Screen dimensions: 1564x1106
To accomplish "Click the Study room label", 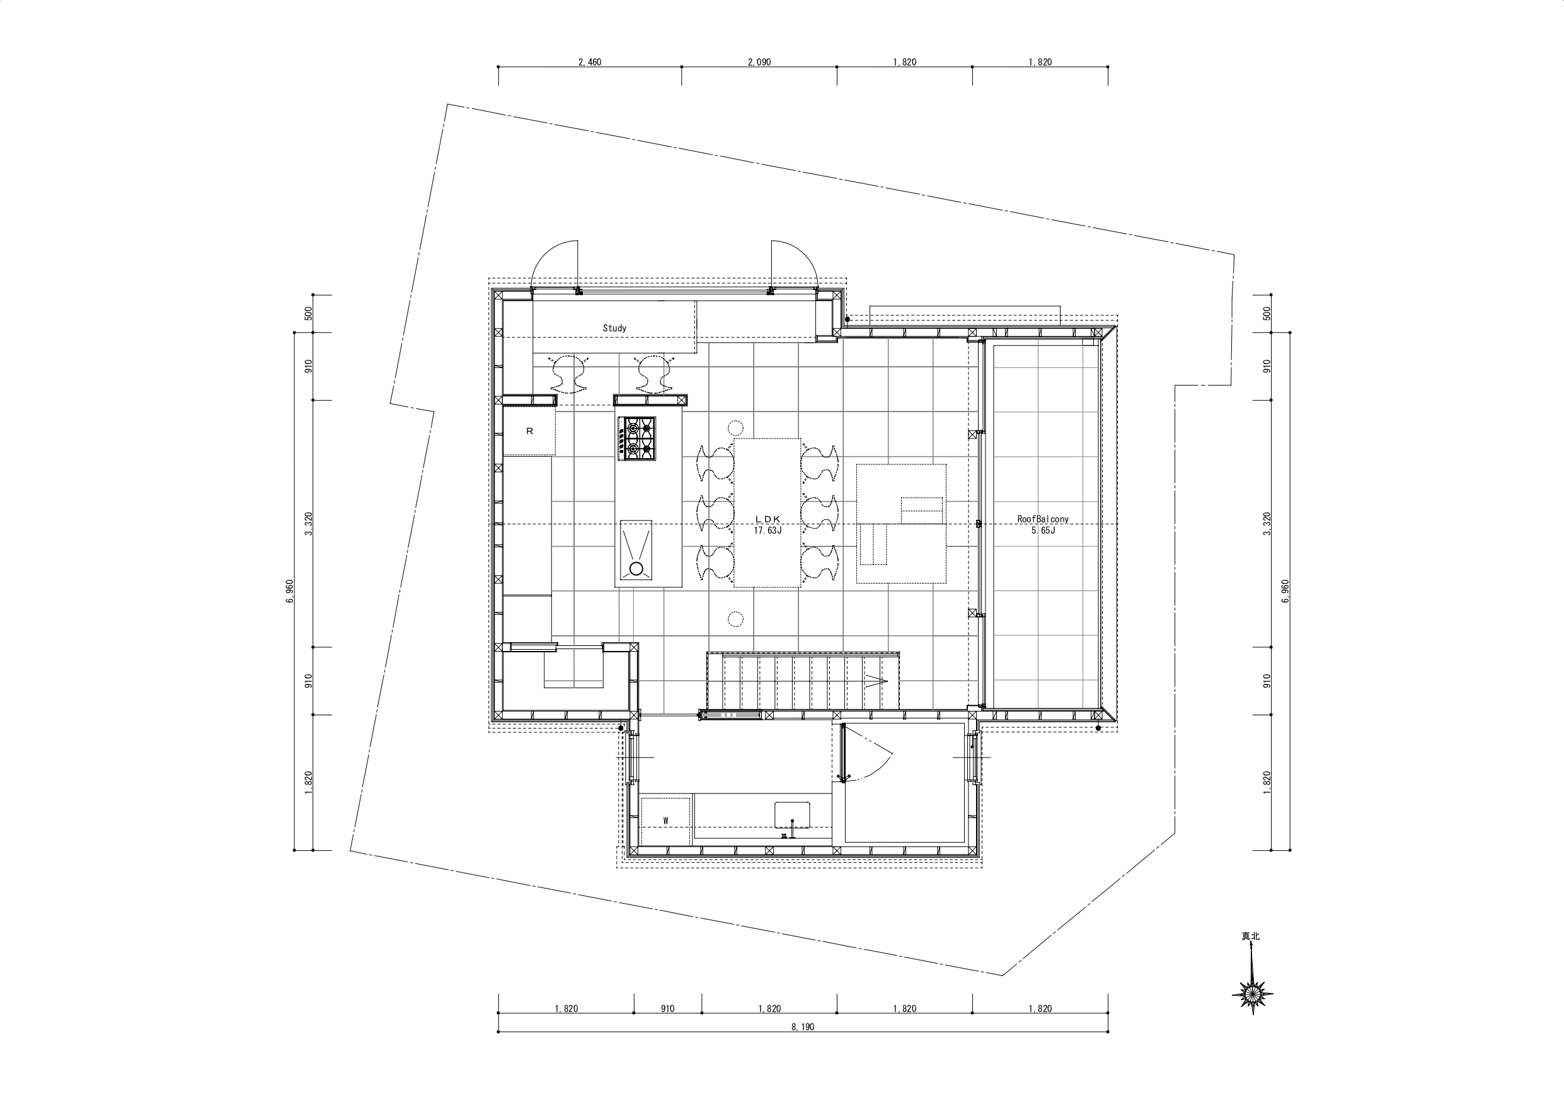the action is tap(614, 328).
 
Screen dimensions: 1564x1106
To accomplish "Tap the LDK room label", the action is tap(768, 519).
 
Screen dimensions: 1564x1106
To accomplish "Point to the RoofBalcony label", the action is tap(1043, 519).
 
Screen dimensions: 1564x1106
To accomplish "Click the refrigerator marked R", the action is tap(529, 430).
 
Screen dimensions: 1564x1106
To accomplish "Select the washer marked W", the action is tap(665, 821).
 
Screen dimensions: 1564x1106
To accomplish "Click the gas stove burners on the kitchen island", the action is tap(637, 437).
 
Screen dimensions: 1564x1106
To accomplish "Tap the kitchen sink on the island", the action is tap(636, 550).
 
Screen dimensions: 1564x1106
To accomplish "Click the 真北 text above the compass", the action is tap(1251, 936).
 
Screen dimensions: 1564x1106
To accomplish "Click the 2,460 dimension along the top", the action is tap(590, 62).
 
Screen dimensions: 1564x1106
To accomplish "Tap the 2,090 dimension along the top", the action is tap(759, 62).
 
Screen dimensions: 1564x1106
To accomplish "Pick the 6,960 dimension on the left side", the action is tap(289, 592).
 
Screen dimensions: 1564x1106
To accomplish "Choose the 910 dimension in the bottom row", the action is tap(667, 1008).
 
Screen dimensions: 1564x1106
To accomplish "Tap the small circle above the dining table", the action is tap(735, 428).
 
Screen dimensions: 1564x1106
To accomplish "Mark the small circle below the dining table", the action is tap(735, 619).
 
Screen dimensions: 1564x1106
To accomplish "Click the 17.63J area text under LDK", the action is tap(768, 529).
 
